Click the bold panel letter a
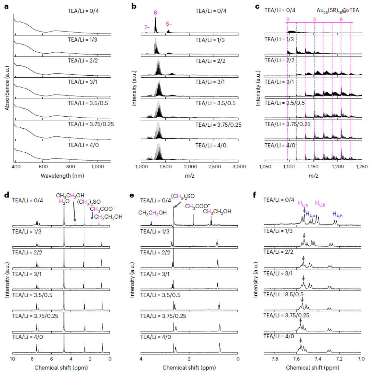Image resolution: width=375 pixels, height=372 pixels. click(x=7, y=7)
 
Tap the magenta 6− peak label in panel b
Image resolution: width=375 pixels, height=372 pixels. click(x=157, y=13)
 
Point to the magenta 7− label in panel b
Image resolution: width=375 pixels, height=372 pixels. click(x=147, y=27)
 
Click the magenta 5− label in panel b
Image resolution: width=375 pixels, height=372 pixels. click(x=169, y=24)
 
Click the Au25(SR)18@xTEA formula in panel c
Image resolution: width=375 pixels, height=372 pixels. click(x=338, y=11)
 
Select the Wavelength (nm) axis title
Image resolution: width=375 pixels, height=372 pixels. click(x=62, y=176)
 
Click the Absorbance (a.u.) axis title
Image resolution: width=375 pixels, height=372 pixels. click(x=7, y=88)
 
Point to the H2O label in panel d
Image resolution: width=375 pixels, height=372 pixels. click(x=64, y=202)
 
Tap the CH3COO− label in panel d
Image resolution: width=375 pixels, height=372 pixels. click(x=102, y=209)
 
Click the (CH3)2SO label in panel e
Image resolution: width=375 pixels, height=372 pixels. click(x=183, y=196)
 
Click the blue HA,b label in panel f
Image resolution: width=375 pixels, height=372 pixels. click(x=337, y=214)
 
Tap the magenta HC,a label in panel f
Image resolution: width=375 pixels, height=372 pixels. click(x=303, y=204)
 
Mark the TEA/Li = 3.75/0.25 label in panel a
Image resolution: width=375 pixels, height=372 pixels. click(x=91, y=124)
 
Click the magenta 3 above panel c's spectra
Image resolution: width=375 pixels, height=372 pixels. click(x=314, y=19)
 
